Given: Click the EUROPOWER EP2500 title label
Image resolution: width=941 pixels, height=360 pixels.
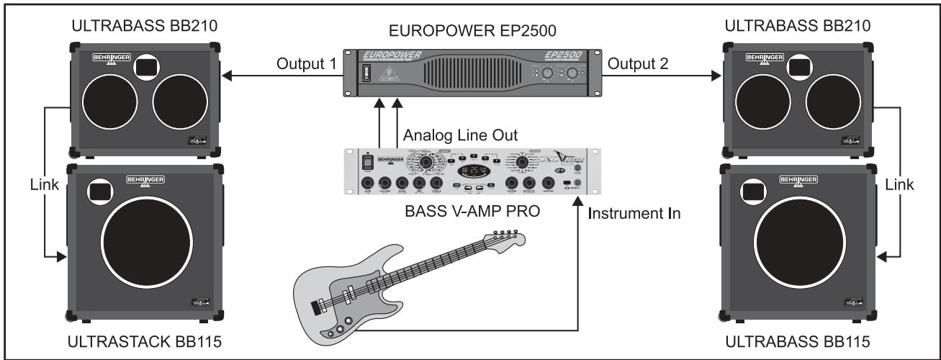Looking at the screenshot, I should tap(470, 31).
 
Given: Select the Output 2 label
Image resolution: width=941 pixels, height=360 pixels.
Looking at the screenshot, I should tap(638, 64).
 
